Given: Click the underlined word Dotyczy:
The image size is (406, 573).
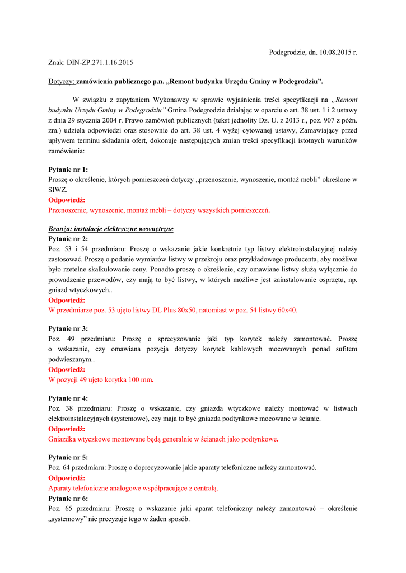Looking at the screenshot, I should tap(62, 82).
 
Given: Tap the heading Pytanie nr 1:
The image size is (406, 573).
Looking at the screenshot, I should tap(68, 169).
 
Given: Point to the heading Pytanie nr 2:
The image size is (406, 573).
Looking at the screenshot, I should tap(68, 238).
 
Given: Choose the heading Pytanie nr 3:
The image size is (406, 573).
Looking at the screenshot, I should tap(68, 328).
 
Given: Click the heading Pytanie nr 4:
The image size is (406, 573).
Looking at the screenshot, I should tap(68, 398).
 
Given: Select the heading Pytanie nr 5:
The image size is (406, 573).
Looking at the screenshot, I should tap(68, 457).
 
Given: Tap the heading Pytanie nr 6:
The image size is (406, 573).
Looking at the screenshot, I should tap(68, 498).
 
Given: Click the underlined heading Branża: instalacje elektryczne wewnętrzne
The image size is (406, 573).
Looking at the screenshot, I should tap(111, 229).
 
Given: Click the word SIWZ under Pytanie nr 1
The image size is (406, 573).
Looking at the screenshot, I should tap(58, 190).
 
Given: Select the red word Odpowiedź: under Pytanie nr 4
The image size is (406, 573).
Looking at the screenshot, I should tap(67, 429).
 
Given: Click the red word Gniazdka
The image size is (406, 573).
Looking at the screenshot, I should tap(63, 439).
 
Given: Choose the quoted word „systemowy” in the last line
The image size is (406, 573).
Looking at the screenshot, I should tap(68, 519).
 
